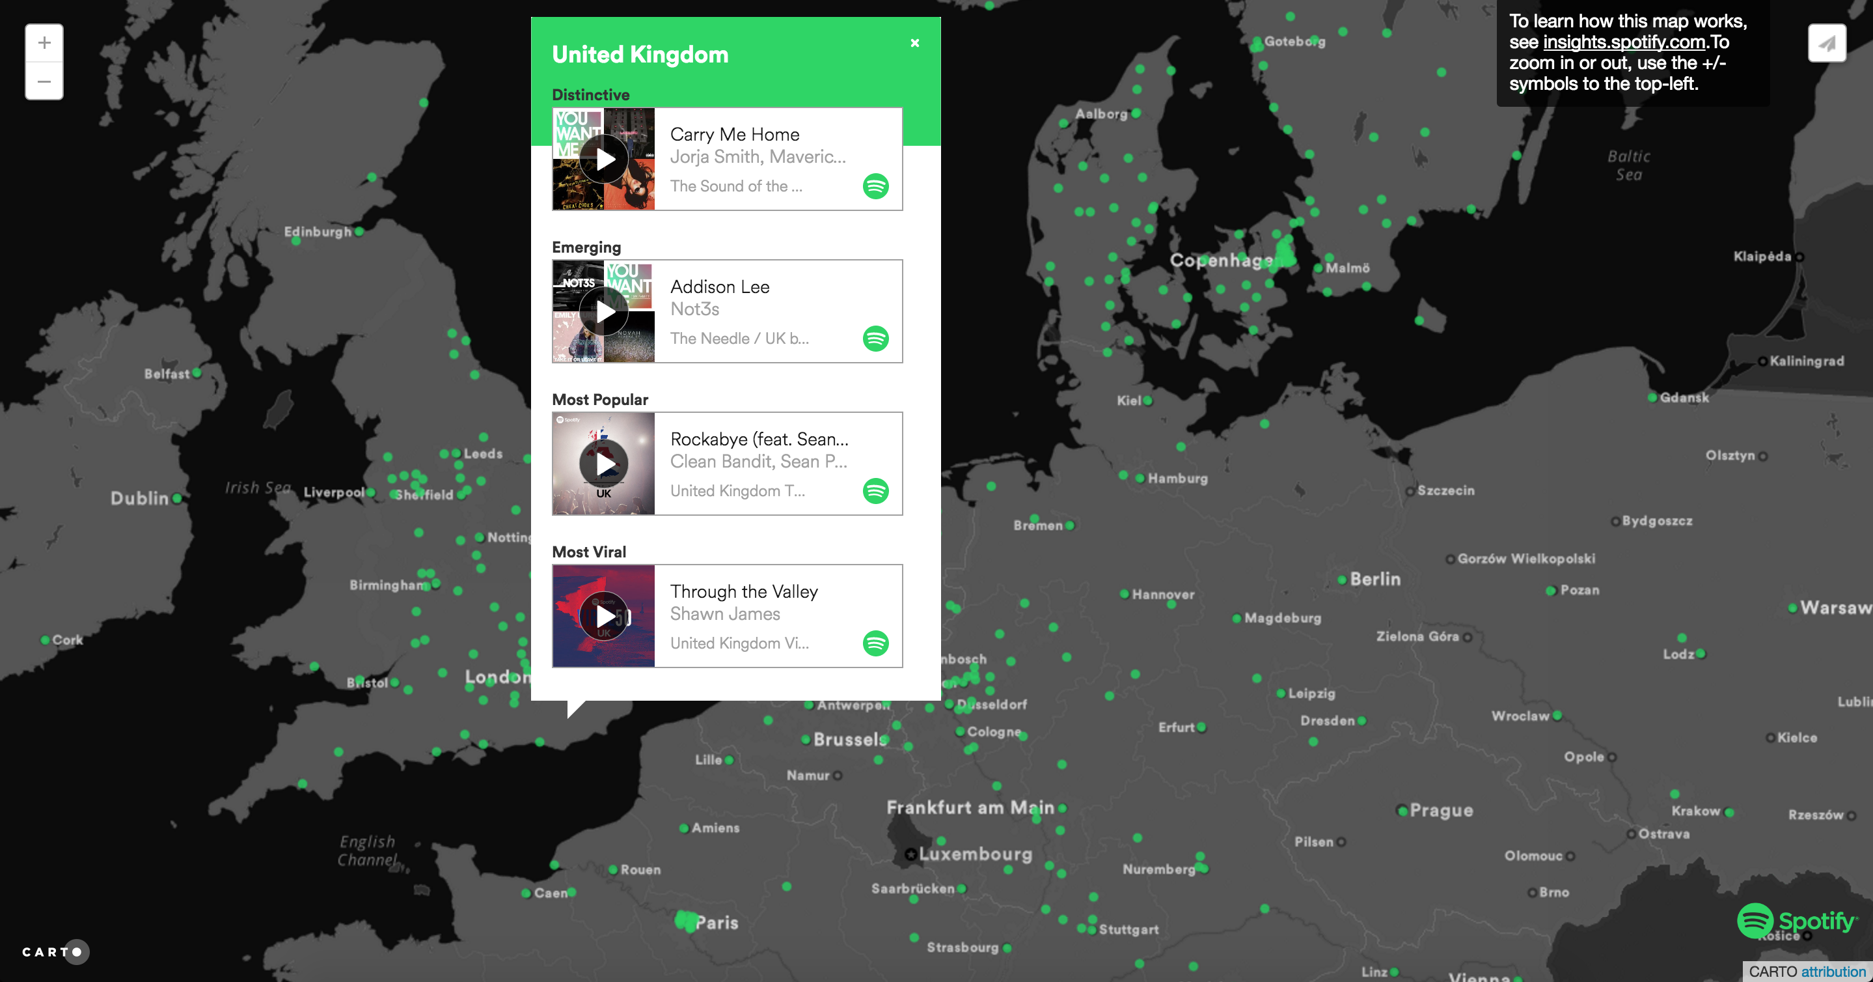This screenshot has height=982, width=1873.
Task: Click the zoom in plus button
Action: point(44,43)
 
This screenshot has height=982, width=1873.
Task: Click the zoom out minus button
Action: point(44,81)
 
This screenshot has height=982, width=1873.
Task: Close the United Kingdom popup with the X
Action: point(914,43)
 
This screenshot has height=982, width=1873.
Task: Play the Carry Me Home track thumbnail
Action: point(604,160)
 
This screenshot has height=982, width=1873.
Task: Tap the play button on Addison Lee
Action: point(604,312)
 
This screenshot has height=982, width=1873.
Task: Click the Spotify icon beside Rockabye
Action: point(875,491)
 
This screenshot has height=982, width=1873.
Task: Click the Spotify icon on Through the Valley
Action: point(875,643)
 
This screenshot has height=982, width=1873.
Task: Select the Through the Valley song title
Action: point(744,591)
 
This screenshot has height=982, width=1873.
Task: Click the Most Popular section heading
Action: point(600,399)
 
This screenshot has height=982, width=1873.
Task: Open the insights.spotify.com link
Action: point(1624,42)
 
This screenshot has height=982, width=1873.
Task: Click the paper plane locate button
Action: point(1826,43)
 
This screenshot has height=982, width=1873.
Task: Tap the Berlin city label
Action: point(1375,579)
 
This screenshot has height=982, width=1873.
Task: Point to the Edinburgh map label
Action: point(318,231)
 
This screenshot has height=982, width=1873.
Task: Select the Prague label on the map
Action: point(1441,810)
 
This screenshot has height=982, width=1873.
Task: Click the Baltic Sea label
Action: point(1629,165)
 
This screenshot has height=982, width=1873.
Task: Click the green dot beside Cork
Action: point(45,640)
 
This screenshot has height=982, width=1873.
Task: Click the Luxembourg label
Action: point(975,854)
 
